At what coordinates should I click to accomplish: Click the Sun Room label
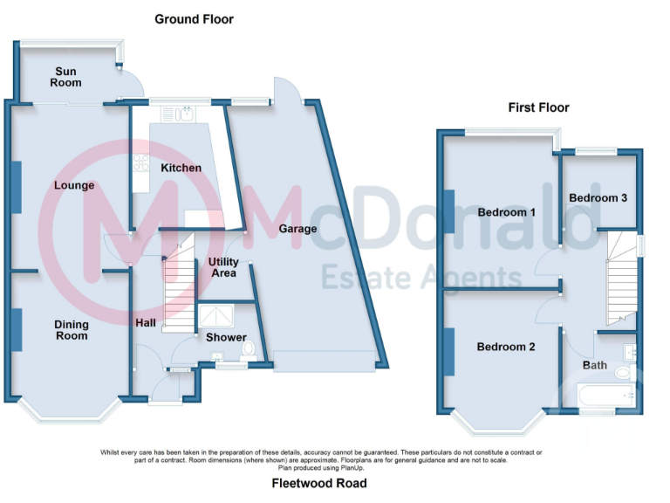coord(66,77)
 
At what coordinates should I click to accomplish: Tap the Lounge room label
coord(74,185)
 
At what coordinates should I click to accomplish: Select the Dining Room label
coord(72,330)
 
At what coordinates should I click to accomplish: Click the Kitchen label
coord(181,168)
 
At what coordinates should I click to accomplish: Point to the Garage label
coord(297,229)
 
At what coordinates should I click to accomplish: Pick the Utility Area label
coord(223,267)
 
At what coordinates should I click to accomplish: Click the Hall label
coord(146,323)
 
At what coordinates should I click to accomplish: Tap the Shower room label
coord(226,337)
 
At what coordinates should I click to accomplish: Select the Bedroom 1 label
coord(507,212)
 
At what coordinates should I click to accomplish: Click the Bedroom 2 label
coord(506,347)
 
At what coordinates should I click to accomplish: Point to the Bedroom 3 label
coord(598,197)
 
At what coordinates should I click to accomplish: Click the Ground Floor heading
coord(194,18)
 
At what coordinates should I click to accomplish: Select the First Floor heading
coord(539,107)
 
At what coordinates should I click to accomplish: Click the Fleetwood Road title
coord(318,483)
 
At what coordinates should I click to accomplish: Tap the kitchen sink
coord(187,114)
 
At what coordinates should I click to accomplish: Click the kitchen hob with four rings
coord(140,163)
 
